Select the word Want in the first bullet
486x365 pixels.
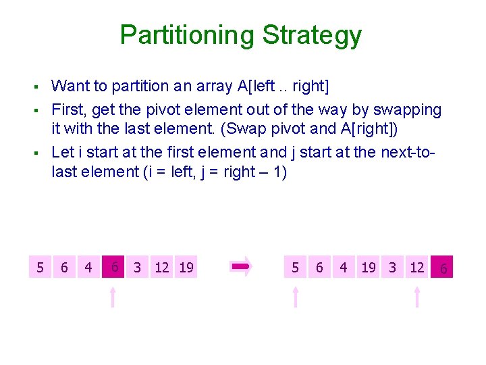pos(72,86)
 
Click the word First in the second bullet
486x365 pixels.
pos(67,109)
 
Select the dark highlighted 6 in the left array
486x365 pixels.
pos(114,267)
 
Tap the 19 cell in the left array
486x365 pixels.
pos(186,268)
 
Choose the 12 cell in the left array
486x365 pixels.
pos(162,268)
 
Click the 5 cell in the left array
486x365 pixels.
pos(40,268)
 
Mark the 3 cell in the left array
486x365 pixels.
pos(138,268)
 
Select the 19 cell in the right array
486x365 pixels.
pos(369,268)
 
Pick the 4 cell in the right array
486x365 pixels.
pos(344,268)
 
